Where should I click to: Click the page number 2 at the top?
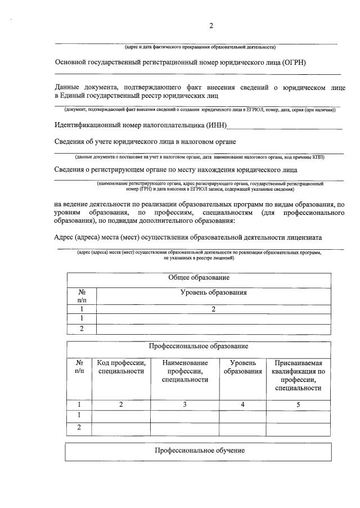click(211, 25)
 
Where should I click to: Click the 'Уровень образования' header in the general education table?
click(213, 293)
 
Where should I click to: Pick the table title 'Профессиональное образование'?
click(199, 346)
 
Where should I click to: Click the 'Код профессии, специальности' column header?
click(121, 367)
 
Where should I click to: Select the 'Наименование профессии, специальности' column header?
click(184, 371)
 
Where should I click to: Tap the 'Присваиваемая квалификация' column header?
click(298, 375)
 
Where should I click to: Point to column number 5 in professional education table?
click(298, 404)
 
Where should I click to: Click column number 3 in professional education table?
click(184, 404)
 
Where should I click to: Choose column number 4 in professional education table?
click(242, 404)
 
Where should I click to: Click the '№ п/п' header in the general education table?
click(82, 296)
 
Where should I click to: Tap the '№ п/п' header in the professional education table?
click(79, 367)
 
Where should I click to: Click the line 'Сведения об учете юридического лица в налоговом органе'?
click(145, 141)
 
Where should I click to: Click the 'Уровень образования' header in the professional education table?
click(242, 367)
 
